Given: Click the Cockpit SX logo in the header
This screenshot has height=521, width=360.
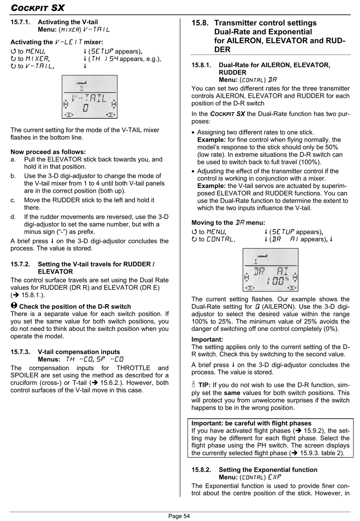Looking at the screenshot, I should click(38, 8).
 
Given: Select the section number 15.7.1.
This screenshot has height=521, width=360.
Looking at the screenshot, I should click(20, 22).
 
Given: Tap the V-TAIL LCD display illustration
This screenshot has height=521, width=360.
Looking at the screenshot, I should click(89, 97).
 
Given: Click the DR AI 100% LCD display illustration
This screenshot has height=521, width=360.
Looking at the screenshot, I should click(270, 270).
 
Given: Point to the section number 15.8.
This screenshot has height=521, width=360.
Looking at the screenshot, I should click(200, 23).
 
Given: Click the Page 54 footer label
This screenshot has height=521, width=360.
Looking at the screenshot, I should click(179, 516).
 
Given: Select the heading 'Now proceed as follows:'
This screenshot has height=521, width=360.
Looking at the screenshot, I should click(48, 152).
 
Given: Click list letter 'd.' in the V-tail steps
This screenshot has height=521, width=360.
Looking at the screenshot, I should click(13, 217).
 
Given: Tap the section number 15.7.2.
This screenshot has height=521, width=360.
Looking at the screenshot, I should click(20, 264).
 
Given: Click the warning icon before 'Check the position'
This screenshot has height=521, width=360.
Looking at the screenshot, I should click(14, 306).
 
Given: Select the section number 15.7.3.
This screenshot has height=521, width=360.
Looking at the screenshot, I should click(20, 352).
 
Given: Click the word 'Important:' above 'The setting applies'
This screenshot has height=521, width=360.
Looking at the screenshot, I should click(207, 340).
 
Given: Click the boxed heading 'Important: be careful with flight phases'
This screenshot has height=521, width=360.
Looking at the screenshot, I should click(251, 423).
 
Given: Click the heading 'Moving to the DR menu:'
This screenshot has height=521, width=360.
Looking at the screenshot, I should click(228, 223).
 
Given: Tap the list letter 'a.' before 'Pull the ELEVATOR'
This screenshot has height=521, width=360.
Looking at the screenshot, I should click(13, 160).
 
